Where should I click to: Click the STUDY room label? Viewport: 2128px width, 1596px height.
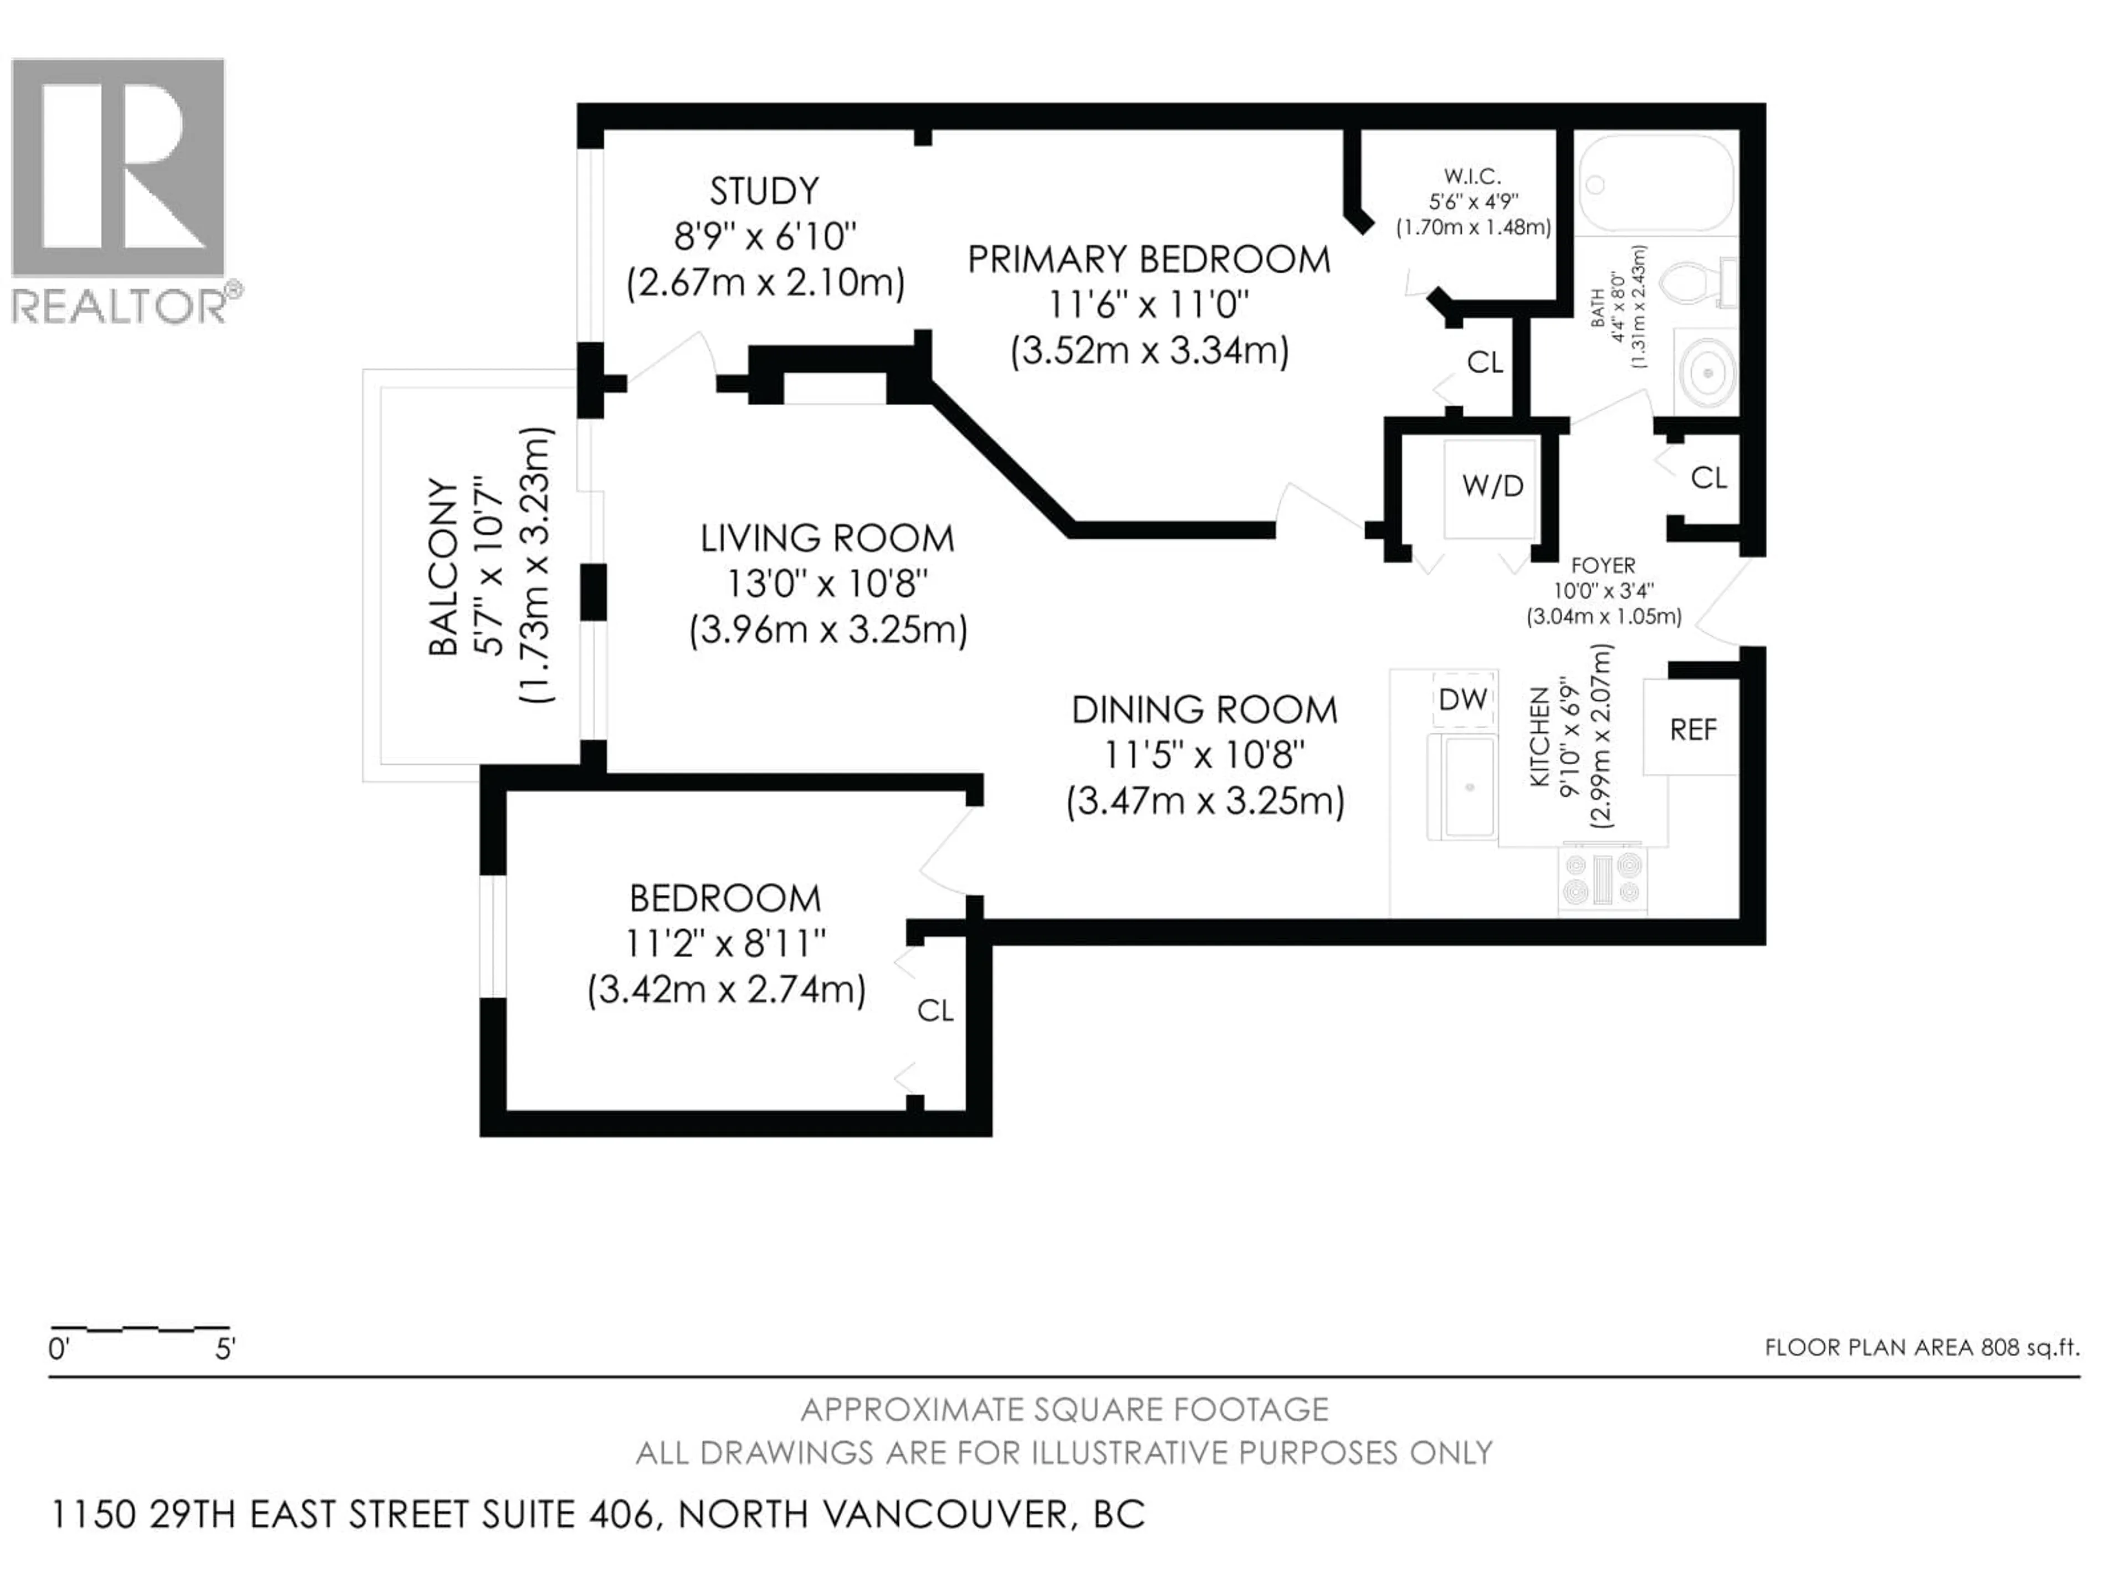click(764, 191)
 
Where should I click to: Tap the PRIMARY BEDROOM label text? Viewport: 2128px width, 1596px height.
click(1149, 260)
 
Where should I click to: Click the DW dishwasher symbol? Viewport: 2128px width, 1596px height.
click(1463, 699)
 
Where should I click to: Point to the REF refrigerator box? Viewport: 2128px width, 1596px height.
click(1692, 729)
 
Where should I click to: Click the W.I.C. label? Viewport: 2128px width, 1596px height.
click(1472, 176)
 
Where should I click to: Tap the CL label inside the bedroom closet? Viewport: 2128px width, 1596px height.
click(935, 1010)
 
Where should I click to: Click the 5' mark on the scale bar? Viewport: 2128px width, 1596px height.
click(224, 1349)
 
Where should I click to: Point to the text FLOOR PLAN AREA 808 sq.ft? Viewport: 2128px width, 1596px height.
click(1921, 1347)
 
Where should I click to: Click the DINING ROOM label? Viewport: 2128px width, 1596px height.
click(1204, 710)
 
